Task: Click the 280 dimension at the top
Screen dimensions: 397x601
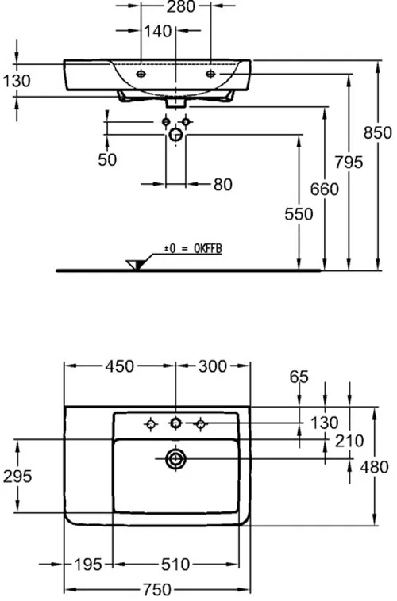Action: tap(181, 6)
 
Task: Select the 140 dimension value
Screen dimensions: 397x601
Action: tap(158, 32)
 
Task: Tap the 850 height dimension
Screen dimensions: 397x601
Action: tap(378, 132)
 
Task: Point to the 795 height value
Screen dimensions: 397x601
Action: tap(349, 162)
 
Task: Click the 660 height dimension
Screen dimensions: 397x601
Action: tap(325, 189)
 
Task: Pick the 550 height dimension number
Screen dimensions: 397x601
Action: tap(299, 214)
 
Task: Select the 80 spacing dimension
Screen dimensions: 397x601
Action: tap(223, 185)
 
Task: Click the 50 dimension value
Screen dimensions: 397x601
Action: tap(107, 159)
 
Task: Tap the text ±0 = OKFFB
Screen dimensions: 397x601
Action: tap(193, 249)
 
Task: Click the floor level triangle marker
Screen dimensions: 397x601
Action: tap(136, 265)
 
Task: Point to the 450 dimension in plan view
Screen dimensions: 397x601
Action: tap(120, 366)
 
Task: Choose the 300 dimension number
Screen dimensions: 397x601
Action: tap(213, 366)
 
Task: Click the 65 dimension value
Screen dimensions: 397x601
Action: tap(299, 377)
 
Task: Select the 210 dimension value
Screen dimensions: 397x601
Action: tap(349, 441)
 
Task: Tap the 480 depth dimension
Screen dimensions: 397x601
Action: tap(374, 467)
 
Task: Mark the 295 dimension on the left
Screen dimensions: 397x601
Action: tap(17, 477)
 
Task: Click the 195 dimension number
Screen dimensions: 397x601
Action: tap(88, 565)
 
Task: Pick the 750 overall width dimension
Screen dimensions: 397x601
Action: tap(157, 589)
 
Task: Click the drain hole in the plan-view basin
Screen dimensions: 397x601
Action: tap(175, 459)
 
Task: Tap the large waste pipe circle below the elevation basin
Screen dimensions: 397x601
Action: tap(175, 135)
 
